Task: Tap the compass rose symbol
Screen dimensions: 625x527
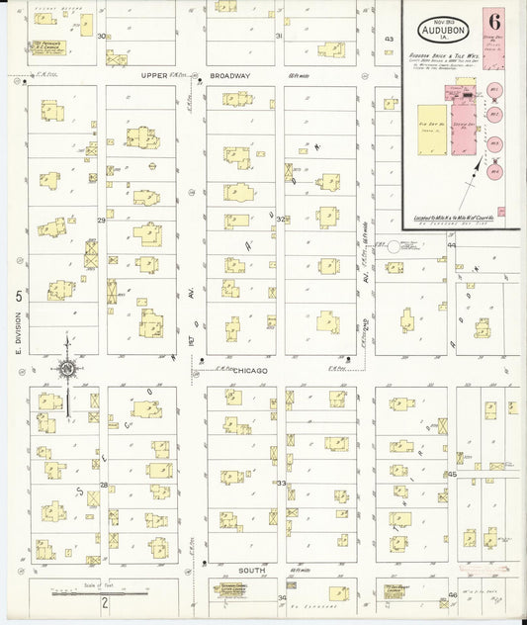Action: pos(66,369)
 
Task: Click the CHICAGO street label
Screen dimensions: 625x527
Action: pos(251,370)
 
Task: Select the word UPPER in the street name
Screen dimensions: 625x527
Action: pos(154,75)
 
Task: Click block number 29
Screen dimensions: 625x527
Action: pos(101,220)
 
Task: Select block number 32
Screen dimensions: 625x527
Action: pos(280,220)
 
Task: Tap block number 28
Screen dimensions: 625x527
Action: pos(103,485)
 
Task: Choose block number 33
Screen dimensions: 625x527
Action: pos(281,484)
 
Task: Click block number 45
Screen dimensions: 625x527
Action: pos(453,474)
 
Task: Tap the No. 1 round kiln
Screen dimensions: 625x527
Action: pos(495,90)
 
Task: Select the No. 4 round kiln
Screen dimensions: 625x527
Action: pos(495,170)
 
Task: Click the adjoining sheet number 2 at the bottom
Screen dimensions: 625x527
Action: pos(92,614)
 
